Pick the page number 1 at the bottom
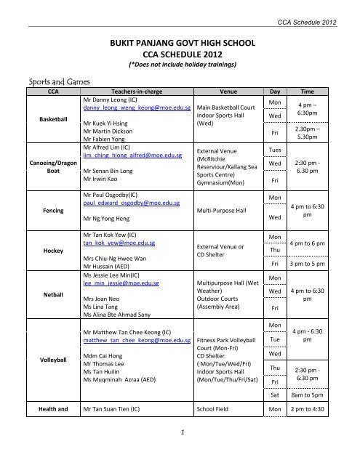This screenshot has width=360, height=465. click(x=180, y=452)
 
